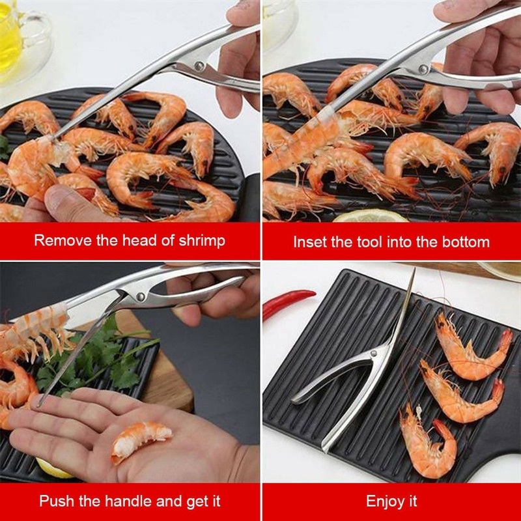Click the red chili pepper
click(x=288, y=303)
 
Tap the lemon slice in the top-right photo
click(x=370, y=216)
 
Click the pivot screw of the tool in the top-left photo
click(x=197, y=65)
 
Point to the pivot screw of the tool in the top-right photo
click(x=424, y=68)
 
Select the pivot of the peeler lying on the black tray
click(x=375, y=355)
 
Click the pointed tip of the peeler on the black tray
click(x=413, y=270)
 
